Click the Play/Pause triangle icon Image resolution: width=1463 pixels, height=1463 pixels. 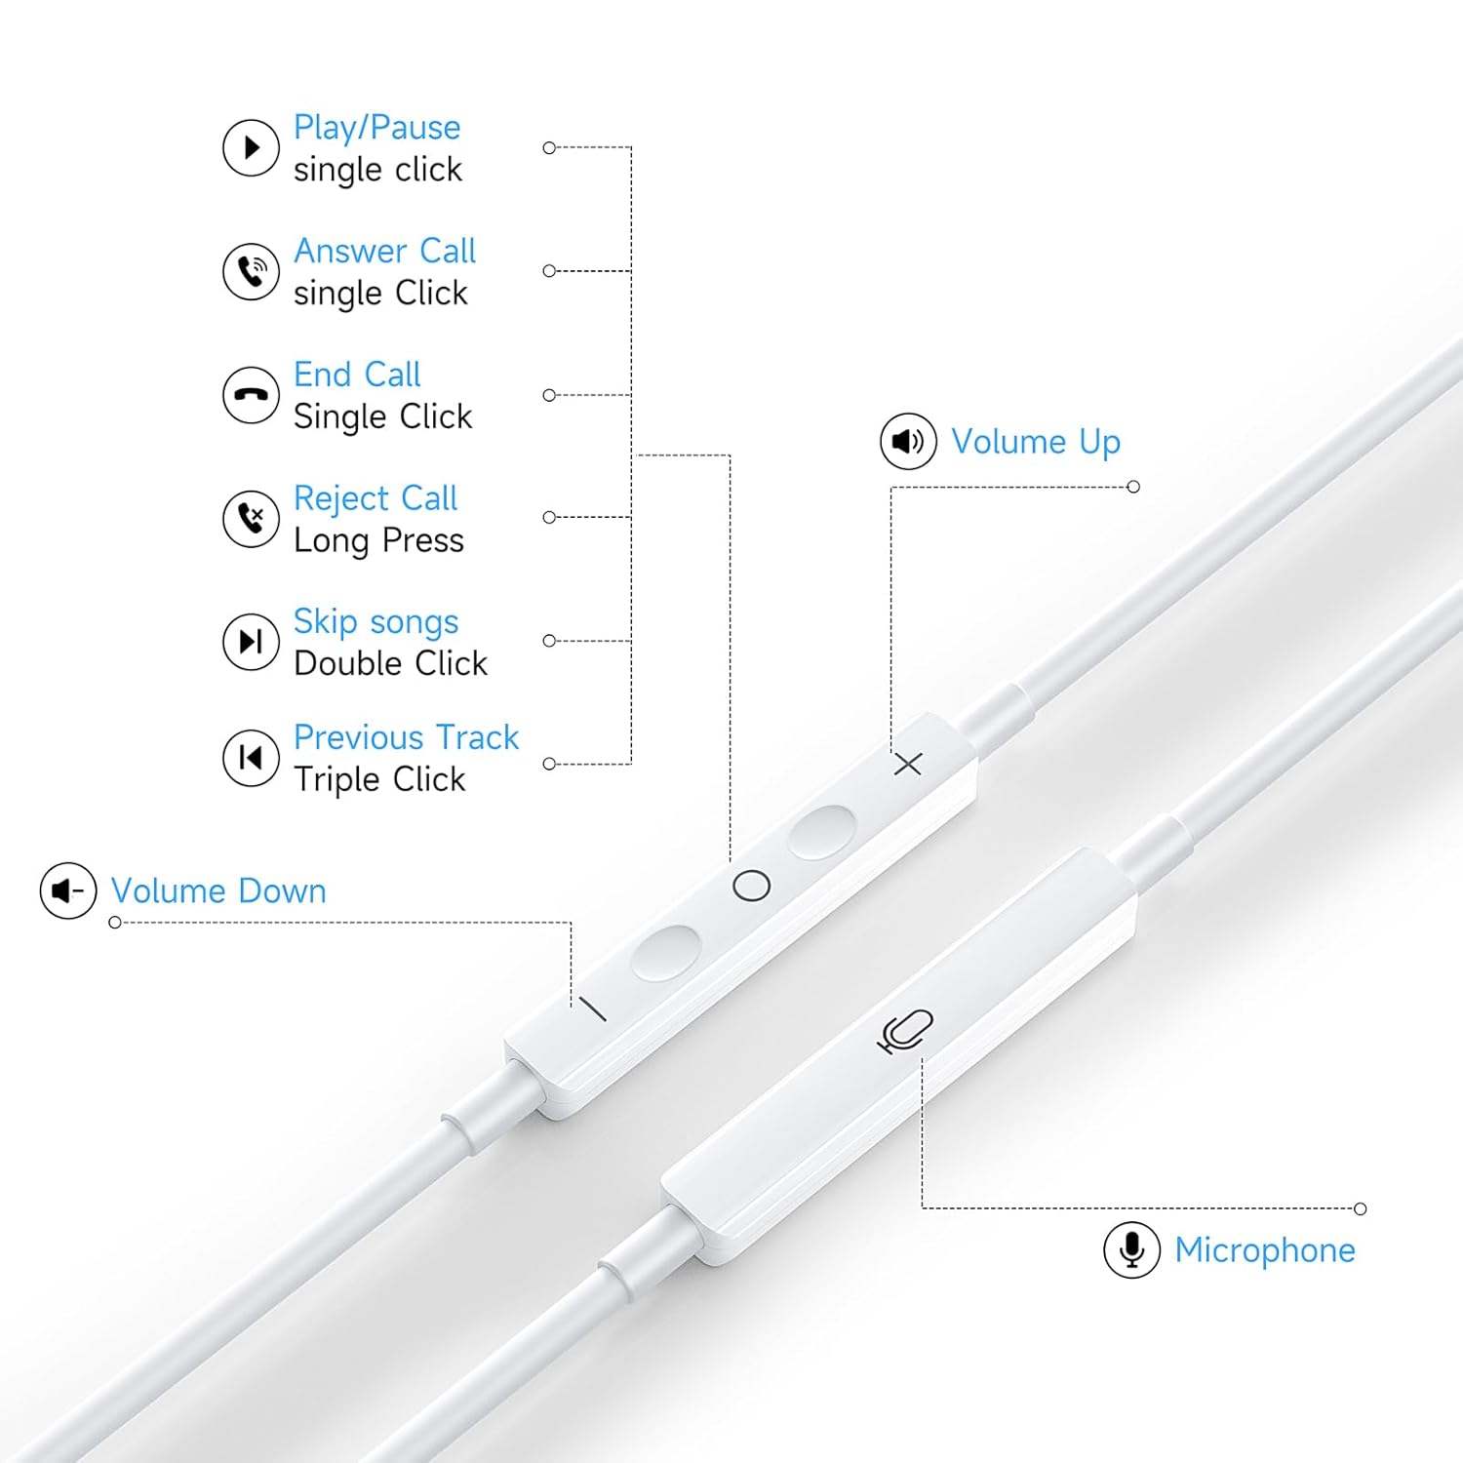tap(251, 148)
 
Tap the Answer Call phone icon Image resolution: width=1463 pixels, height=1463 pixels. tap(251, 271)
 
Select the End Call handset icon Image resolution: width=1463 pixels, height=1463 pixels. tap(251, 395)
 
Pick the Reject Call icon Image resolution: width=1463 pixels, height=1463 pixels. tap(251, 518)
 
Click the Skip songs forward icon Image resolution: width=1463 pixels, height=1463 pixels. tap(251, 642)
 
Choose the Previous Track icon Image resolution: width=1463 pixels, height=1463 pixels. tap(251, 758)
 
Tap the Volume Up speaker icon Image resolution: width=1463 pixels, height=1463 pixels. tap(908, 441)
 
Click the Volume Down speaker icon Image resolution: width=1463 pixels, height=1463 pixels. tap(68, 890)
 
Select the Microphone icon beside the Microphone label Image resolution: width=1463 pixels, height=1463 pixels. tap(1131, 1249)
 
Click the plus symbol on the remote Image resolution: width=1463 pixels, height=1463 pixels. tap(908, 764)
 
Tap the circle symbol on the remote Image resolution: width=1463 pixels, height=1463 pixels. tap(751, 886)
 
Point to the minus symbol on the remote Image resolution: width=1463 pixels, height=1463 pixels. tap(593, 1008)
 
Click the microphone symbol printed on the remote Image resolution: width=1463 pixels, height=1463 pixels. tap(906, 1032)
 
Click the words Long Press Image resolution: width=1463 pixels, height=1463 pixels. tap(378, 541)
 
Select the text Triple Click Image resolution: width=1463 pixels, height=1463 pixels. tap(379, 780)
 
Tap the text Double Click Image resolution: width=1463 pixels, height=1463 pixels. tap(390, 663)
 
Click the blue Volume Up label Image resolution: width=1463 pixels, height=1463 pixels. tap(1036, 443)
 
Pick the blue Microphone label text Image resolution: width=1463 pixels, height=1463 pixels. tap(1265, 1250)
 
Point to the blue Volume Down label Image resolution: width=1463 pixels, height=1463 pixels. tap(218, 891)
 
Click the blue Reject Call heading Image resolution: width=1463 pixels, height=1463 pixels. tap(376, 498)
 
